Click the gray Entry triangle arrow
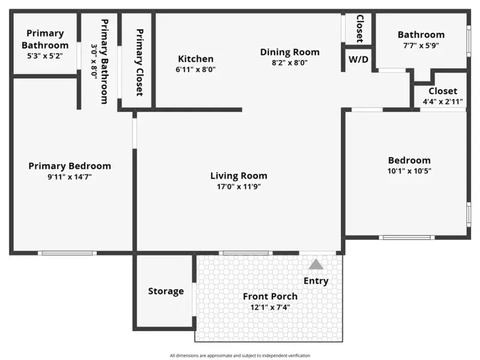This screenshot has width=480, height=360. [x=316, y=265]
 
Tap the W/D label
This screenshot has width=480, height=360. [x=358, y=59]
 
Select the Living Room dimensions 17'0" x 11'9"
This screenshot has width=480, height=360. [x=239, y=187]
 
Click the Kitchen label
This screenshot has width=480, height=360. [x=196, y=58]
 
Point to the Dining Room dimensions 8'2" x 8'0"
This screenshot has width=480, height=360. [x=290, y=63]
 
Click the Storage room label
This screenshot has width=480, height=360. [x=166, y=291]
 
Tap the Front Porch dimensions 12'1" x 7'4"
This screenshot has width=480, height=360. [x=270, y=307]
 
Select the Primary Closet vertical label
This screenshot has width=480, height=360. [x=140, y=62]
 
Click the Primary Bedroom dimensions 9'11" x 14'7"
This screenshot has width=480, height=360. [x=70, y=177]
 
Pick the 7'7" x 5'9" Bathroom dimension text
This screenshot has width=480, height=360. [x=421, y=46]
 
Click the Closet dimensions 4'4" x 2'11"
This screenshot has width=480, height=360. [x=443, y=101]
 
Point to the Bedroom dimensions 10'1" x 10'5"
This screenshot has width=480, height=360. [x=409, y=171]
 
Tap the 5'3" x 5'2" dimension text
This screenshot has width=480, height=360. [x=45, y=56]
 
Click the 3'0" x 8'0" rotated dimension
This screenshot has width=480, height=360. [x=94, y=62]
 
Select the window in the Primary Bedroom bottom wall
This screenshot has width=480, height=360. [x=67, y=253]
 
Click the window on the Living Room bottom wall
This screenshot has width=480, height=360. [x=245, y=253]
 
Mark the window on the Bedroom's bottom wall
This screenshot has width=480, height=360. [x=407, y=238]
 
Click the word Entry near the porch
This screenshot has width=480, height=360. [x=316, y=281]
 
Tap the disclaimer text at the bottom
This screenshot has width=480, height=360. [x=240, y=355]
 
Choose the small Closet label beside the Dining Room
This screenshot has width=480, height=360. [x=360, y=29]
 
